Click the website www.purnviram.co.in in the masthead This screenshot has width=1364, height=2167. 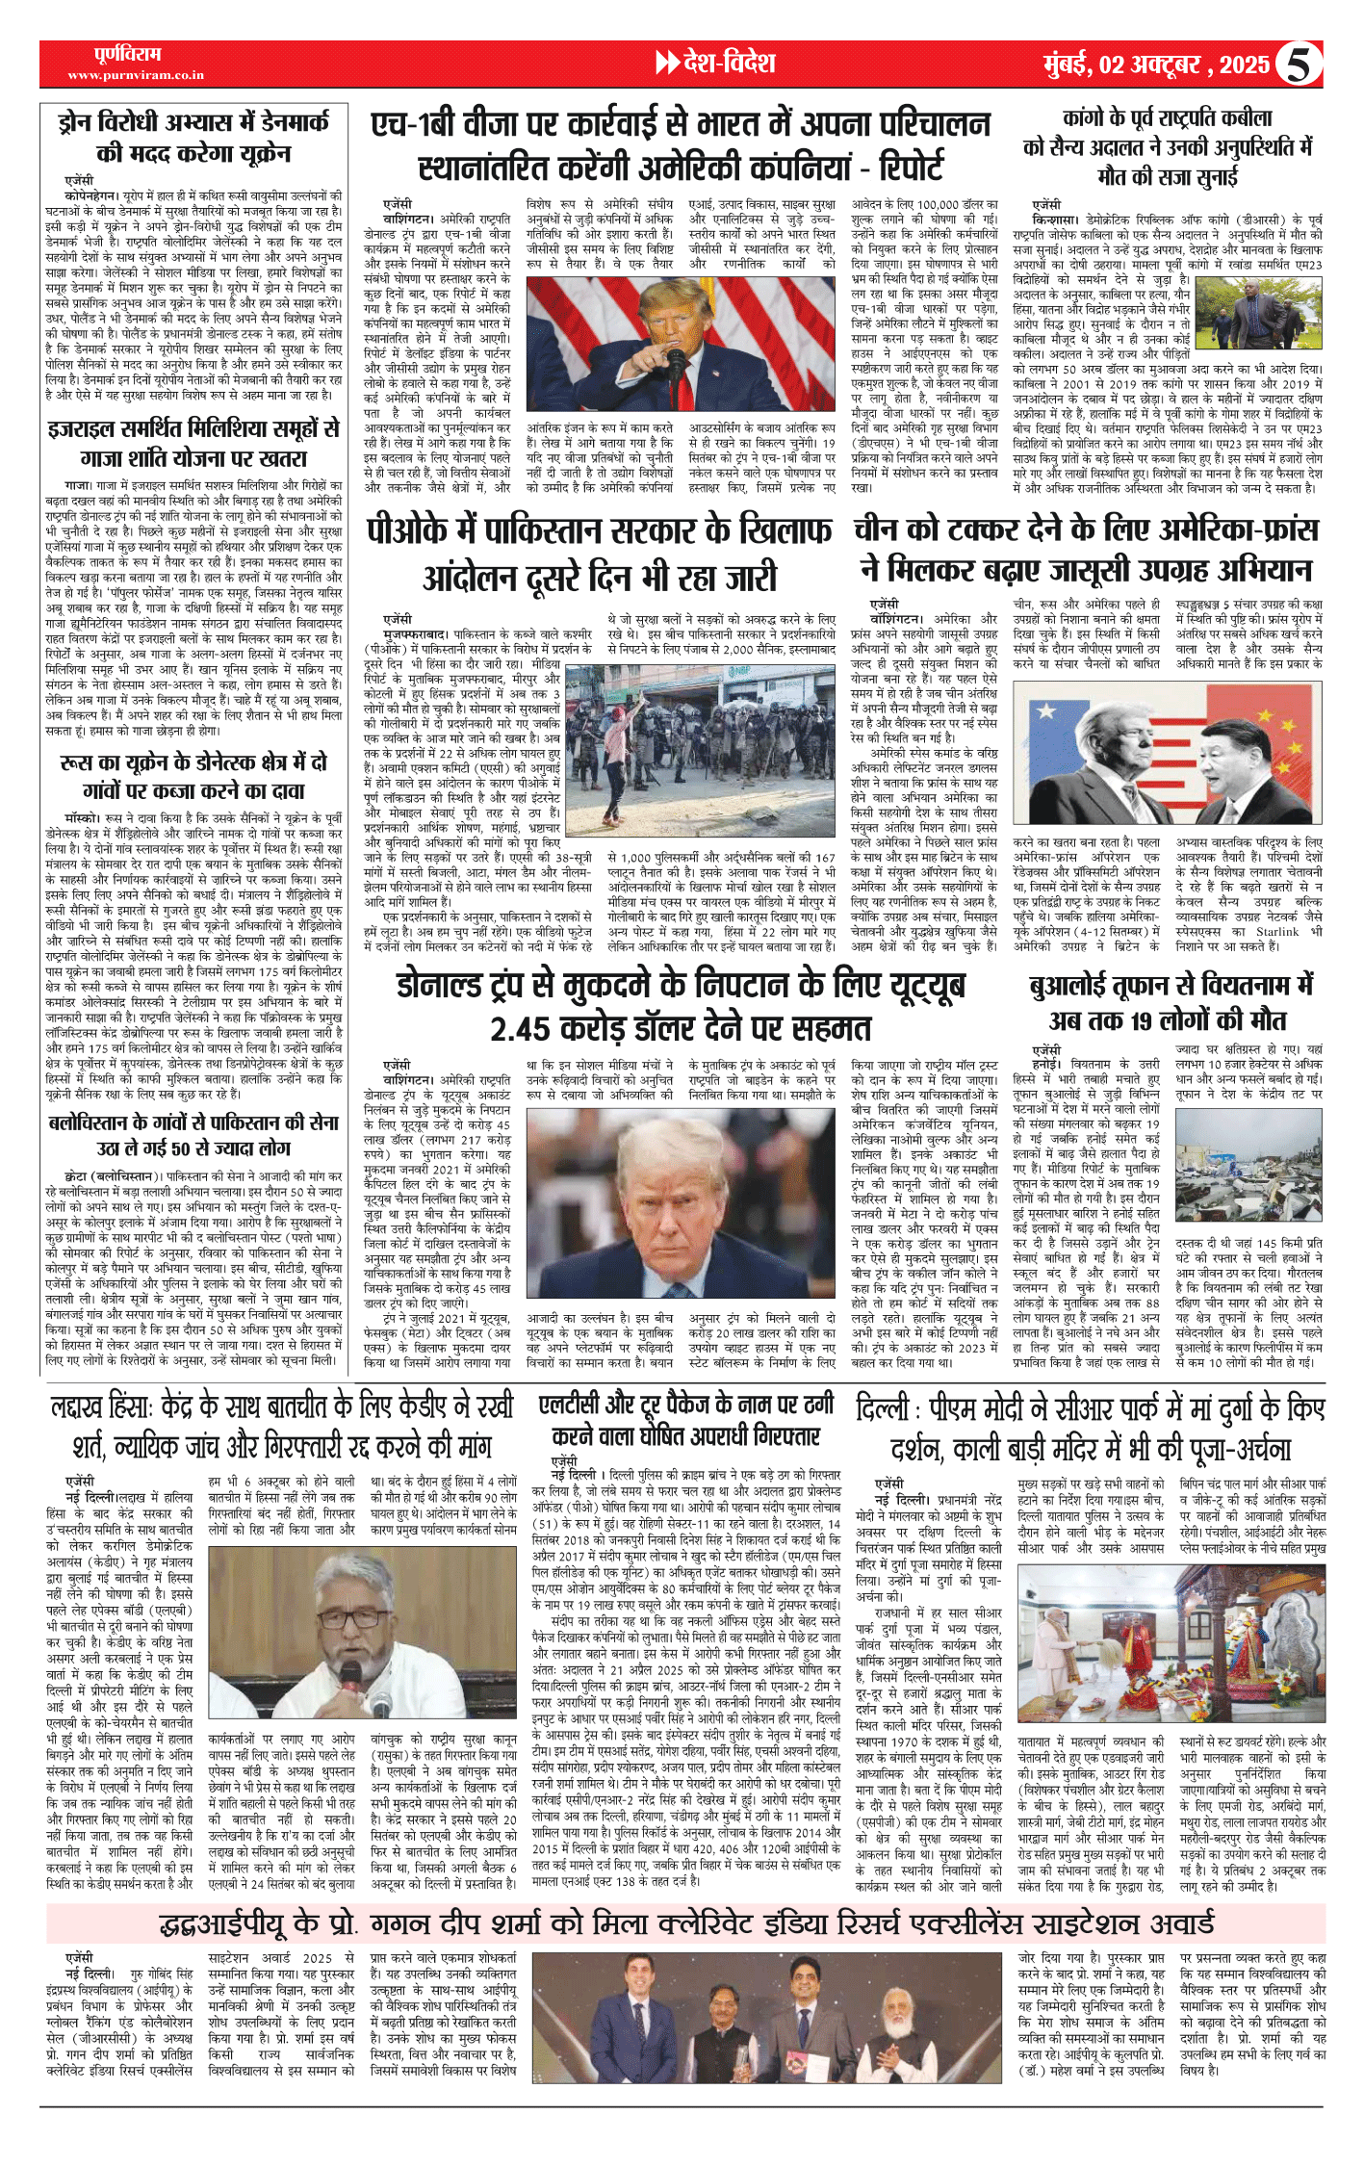pyautogui.click(x=136, y=74)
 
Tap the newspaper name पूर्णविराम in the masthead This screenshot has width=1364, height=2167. pyautogui.click(x=128, y=54)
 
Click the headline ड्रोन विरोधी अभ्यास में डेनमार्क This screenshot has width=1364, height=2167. pyautogui.click(x=193, y=137)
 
